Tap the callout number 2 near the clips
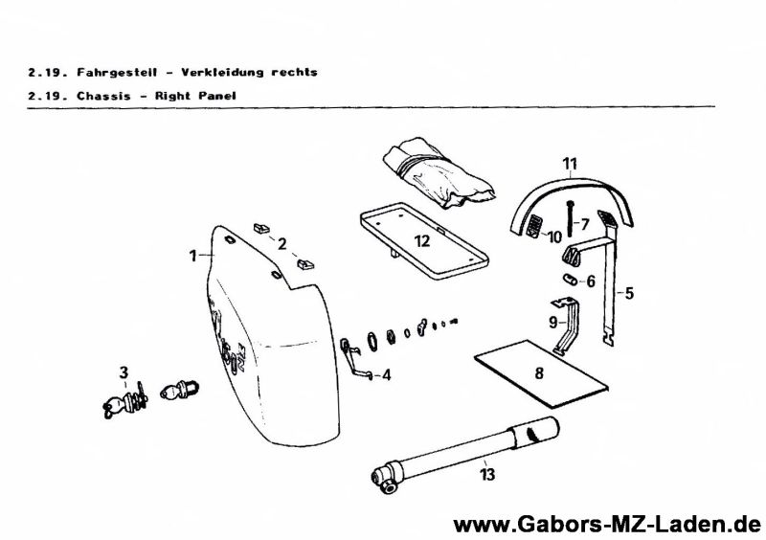(282, 244)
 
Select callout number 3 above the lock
(124, 371)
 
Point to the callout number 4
(386, 375)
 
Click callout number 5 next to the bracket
(629, 294)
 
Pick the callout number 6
(590, 281)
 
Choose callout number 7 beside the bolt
(584, 224)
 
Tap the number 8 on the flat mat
(539, 373)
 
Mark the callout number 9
(553, 322)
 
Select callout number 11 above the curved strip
(570, 164)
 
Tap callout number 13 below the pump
(489, 473)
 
